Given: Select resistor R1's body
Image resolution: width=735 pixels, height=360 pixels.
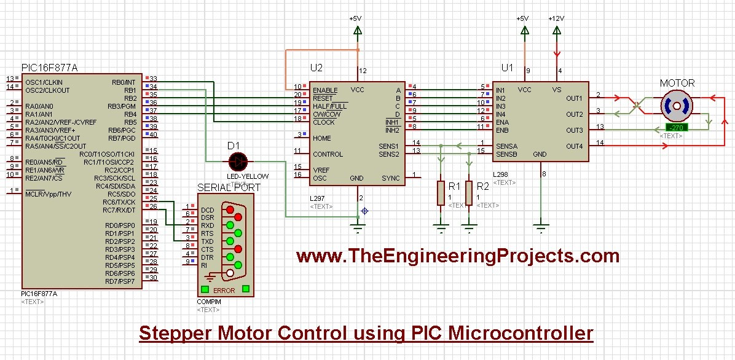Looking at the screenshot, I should pos(440,193).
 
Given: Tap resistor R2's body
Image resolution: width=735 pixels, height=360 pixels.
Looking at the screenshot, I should pos(469,193).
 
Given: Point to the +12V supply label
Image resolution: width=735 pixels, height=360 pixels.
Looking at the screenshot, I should pos(556,18).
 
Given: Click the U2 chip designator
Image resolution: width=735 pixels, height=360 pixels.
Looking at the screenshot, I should pos(316,68).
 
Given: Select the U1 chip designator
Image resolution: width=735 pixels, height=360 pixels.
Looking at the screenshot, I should pos(507,68).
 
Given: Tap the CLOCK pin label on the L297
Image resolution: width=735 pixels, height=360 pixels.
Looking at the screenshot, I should pos(324,122).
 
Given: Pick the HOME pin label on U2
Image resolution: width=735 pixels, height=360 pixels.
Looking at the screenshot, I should pos(322,138).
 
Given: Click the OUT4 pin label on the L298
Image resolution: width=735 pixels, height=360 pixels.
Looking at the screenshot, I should pos(574,146).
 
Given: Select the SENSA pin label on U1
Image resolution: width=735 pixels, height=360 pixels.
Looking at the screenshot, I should pos(506,146).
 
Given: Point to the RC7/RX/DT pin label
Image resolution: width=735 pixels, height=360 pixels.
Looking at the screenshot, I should pos(120,210).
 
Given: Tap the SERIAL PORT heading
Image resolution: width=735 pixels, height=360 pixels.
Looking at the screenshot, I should pos(229,187).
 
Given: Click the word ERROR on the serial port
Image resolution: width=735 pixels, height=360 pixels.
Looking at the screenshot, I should pos(224,291).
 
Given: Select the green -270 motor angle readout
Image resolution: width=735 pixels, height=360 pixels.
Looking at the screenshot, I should pos(677,128).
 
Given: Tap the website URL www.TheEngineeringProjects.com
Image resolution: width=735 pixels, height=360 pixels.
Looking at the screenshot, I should pos(457,255).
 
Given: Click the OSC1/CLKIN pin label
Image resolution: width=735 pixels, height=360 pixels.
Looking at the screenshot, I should pos(44,82).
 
